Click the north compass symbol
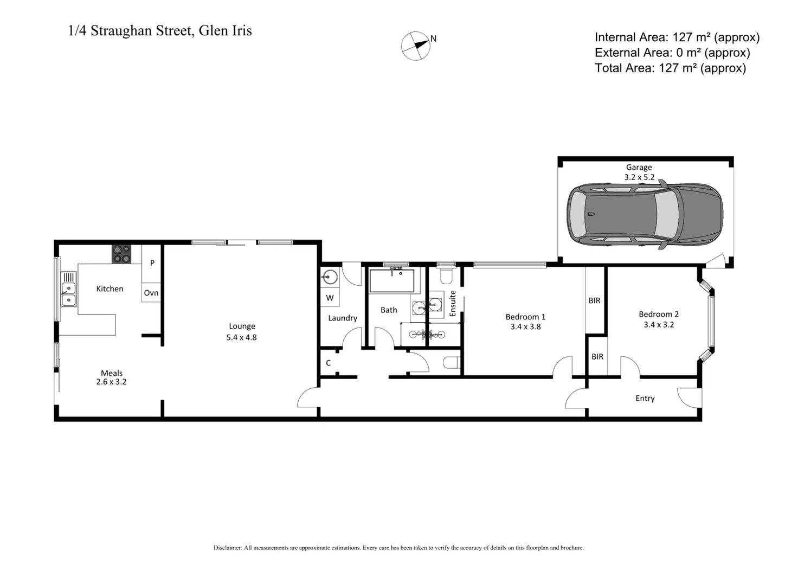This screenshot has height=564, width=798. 416,46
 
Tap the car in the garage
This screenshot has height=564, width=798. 645,215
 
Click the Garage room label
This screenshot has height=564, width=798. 639,168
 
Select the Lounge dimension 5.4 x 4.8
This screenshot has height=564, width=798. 241,337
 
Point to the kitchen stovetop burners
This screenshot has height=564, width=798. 121,254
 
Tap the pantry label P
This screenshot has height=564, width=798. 152,263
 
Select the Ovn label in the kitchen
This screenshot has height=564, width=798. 151,293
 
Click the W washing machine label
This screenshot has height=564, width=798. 330,298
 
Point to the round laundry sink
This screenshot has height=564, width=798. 330,278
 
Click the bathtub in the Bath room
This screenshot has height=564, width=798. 391,281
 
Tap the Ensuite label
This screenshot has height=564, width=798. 453,304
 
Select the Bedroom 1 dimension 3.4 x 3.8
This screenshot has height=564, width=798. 525,326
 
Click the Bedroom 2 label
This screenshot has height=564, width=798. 658,314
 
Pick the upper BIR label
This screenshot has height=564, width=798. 594,300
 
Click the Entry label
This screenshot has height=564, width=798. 645,398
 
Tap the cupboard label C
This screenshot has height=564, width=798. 329,363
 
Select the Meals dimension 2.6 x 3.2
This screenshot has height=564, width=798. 111,382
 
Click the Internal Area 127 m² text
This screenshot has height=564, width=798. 677,37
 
